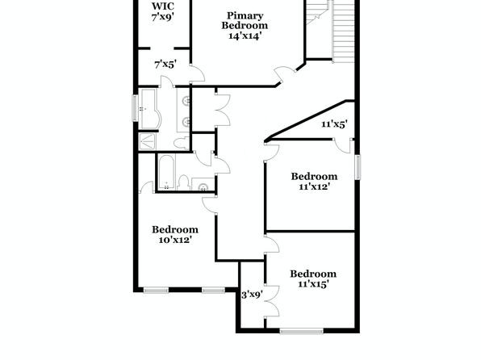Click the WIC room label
pyautogui.click(x=163, y=6)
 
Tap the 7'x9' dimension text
pyautogui.click(x=163, y=17)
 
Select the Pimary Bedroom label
pyautogui.click(x=245, y=20)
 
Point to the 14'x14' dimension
pyautogui.click(x=245, y=36)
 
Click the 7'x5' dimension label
pyautogui.click(x=165, y=65)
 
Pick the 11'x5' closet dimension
pyautogui.click(x=334, y=124)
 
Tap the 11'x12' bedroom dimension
pyautogui.click(x=314, y=186)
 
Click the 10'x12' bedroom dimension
pyautogui.click(x=175, y=240)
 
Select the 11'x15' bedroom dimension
pyautogui.click(x=313, y=284)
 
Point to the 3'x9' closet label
pyautogui.click(x=252, y=295)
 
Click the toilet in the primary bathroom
pyautogui.click(x=181, y=143)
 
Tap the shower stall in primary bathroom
pyautogui.click(x=147, y=141)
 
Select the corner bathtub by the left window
pyautogui.click(x=149, y=109)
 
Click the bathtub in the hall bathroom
pyautogui.click(x=166, y=172)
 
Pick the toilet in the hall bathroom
pyautogui.click(x=183, y=182)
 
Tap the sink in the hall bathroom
pyautogui.click(x=203, y=186)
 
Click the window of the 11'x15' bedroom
pyautogui.click(x=302, y=331)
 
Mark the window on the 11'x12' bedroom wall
pyautogui.click(x=358, y=167)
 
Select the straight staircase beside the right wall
pyautogui.click(x=343, y=31)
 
